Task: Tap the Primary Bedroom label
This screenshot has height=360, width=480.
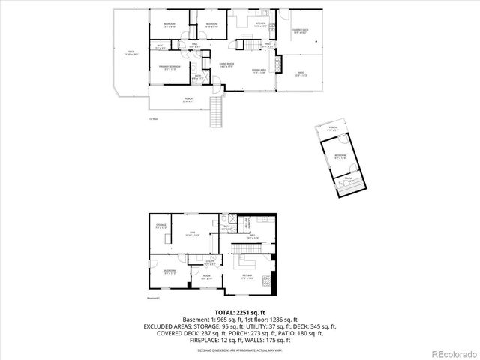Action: (169, 67)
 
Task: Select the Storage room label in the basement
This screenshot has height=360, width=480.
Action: (160, 226)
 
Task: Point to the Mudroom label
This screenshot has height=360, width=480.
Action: (169, 271)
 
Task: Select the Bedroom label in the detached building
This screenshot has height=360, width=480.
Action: (340, 157)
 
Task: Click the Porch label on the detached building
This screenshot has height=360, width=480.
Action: (332, 128)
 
